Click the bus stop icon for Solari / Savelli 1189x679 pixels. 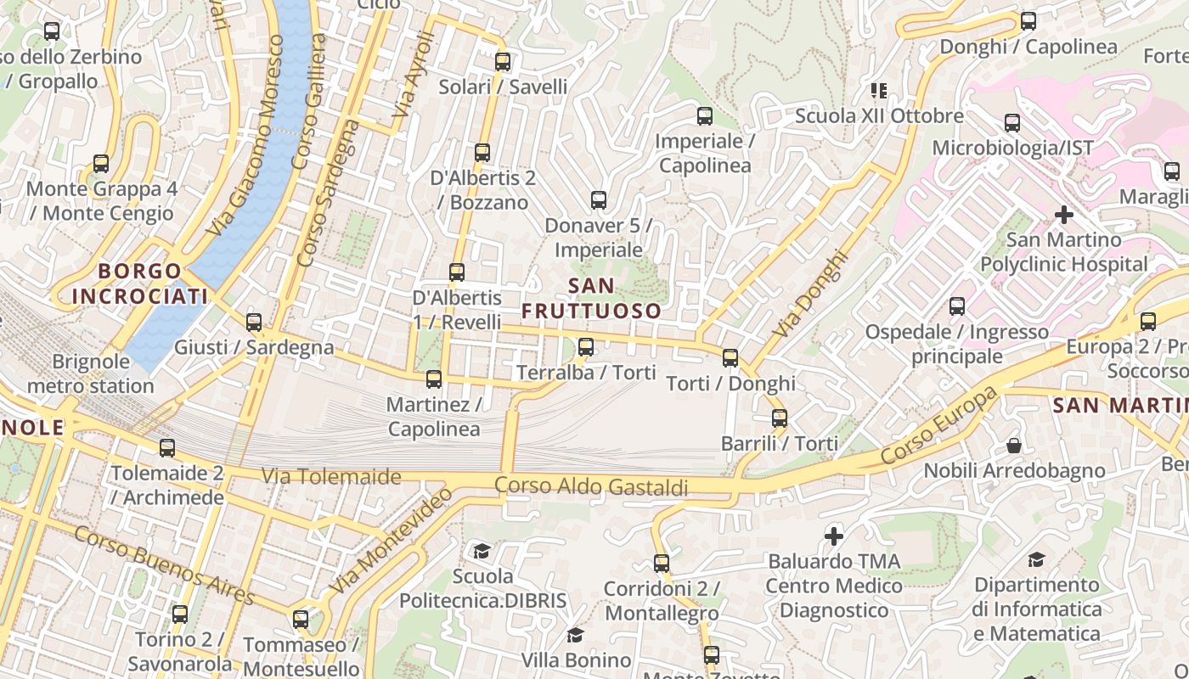click(x=503, y=61)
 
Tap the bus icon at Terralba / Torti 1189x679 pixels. click(x=586, y=346)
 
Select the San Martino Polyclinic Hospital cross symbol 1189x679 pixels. click(x=1063, y=215)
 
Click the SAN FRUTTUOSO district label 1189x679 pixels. click(x=591, y=298)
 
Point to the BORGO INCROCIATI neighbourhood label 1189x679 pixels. click(x=140, y=283)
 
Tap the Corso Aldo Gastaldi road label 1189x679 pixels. click(x=591, y=486)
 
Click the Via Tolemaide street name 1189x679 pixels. click(x=331, y=476)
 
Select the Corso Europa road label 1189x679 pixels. click(x=939, y=427)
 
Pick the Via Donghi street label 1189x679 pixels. click(x=812, y=292)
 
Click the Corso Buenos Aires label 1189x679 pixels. click(x=165, y=565)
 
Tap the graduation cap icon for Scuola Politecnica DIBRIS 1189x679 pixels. click(x=482, y=551)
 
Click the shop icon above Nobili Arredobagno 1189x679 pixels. click(x=1013, y=446)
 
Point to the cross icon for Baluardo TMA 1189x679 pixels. click(x=834, y=536)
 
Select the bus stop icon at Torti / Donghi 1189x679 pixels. click(x=730, y=357)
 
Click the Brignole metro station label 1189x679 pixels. click(x=91, y=373)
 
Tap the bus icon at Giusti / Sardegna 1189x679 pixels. click(x=254, y=323)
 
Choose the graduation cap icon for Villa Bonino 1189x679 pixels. click(x=576, y=635)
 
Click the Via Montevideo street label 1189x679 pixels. click(x=392, y=541)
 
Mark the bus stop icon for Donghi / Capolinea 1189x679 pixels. click(x=1028, y=21)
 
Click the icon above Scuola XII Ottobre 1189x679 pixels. click(x=878, y=90)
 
